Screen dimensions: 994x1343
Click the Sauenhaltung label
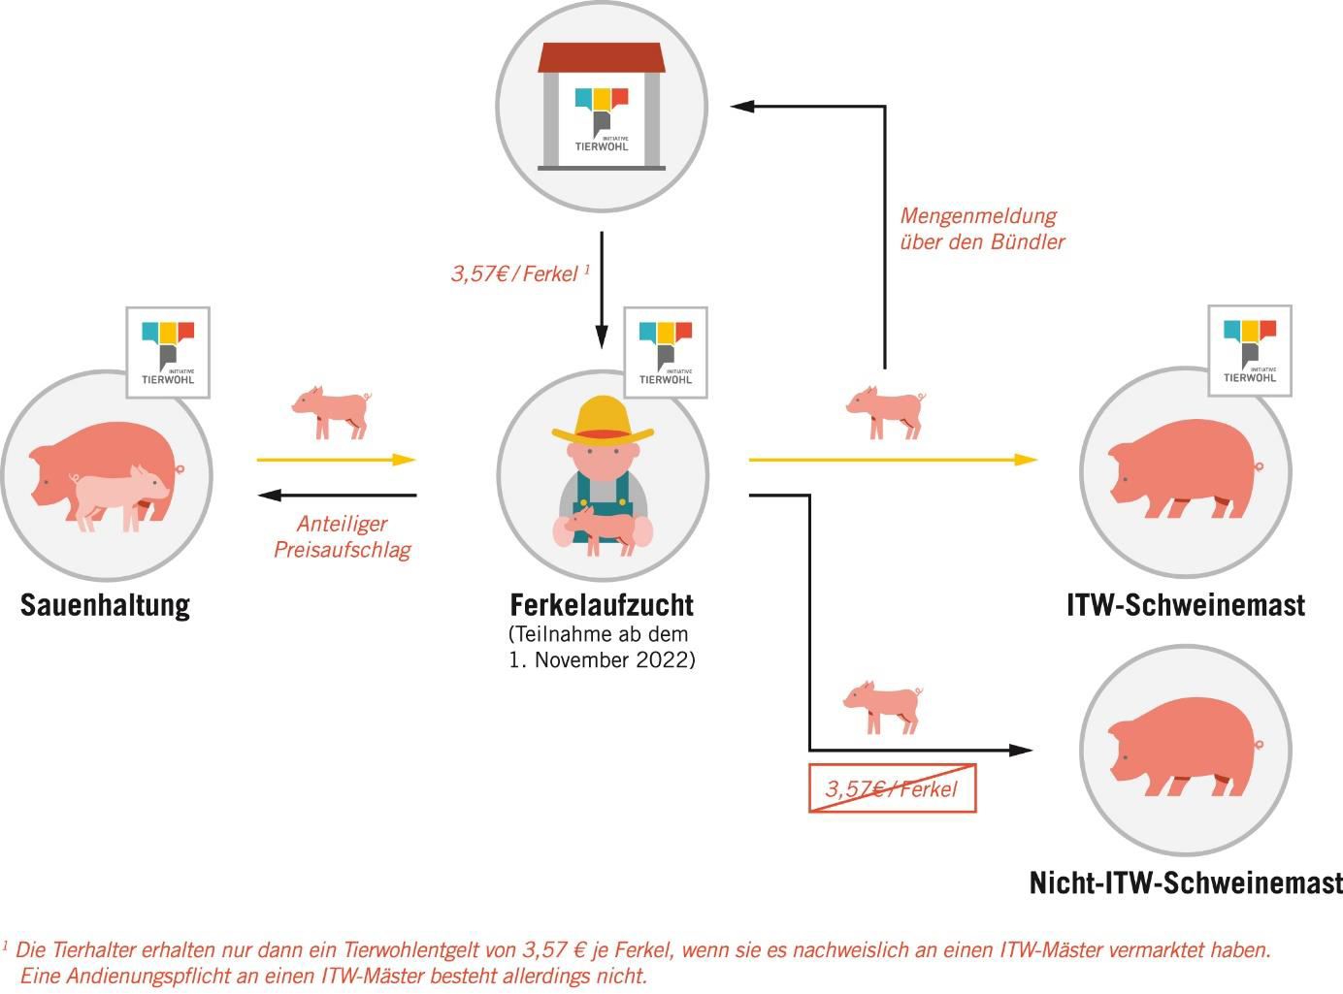[105, 605]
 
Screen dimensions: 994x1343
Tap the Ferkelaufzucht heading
[602, 605]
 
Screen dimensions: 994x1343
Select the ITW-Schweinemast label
[1186, 605]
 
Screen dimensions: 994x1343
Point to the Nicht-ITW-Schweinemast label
[1186, 883]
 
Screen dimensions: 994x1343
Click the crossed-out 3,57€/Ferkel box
[892, 788]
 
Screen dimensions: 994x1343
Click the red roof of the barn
[602, 57]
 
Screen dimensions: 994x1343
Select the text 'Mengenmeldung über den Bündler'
[981, 229]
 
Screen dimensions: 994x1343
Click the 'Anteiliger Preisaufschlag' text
[342, 537]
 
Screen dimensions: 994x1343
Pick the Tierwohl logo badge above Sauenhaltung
[168, 352]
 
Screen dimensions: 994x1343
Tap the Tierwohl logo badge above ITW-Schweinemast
[1250, 351]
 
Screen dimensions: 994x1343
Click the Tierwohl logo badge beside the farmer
[665, 352]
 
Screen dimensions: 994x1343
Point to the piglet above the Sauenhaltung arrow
[331, 411]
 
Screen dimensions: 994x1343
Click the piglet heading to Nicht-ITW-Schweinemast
[882, 707]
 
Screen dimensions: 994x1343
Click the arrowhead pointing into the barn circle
[742, 106]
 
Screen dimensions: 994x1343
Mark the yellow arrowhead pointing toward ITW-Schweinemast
[1026, 460]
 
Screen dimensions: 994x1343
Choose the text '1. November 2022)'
[602, 660]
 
